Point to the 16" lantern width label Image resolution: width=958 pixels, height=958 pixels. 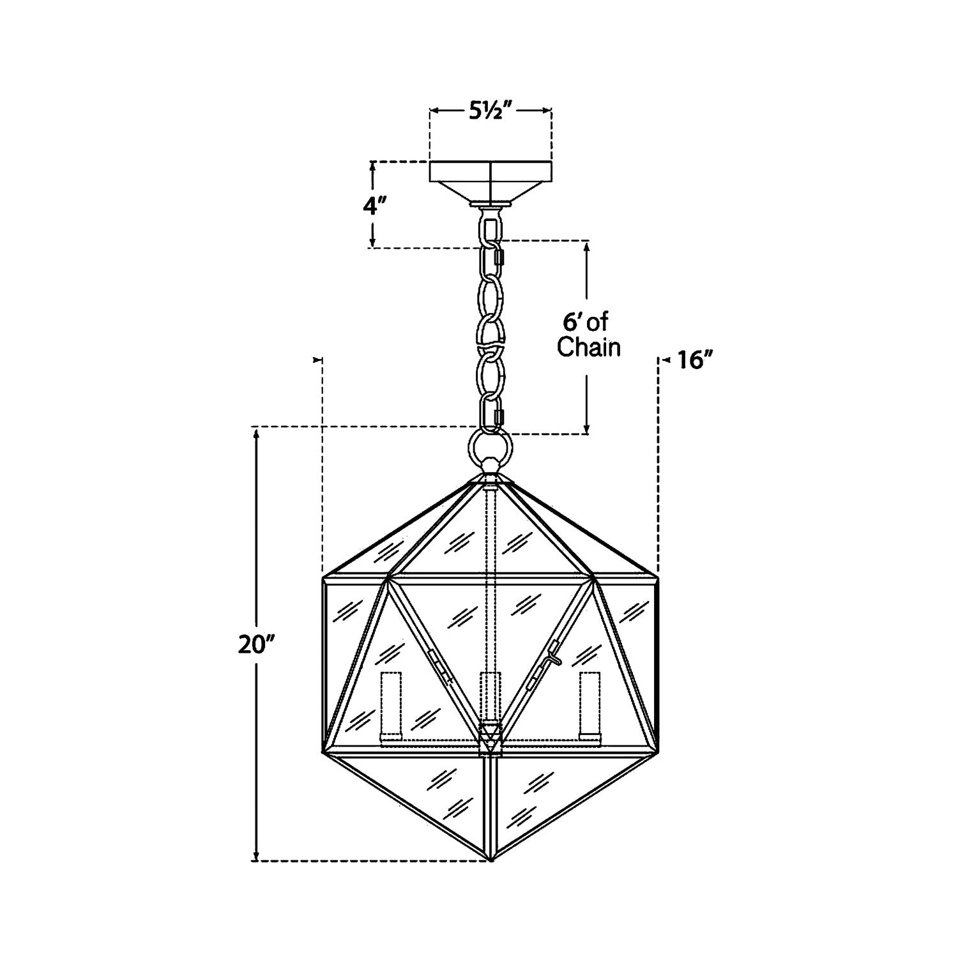(696, 361)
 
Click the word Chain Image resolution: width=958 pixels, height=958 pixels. (589, 347)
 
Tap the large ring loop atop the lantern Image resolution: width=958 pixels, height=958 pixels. (490, 446)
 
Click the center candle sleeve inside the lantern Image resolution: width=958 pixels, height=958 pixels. (490, 696)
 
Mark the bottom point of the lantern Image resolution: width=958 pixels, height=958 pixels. (490, 860)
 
